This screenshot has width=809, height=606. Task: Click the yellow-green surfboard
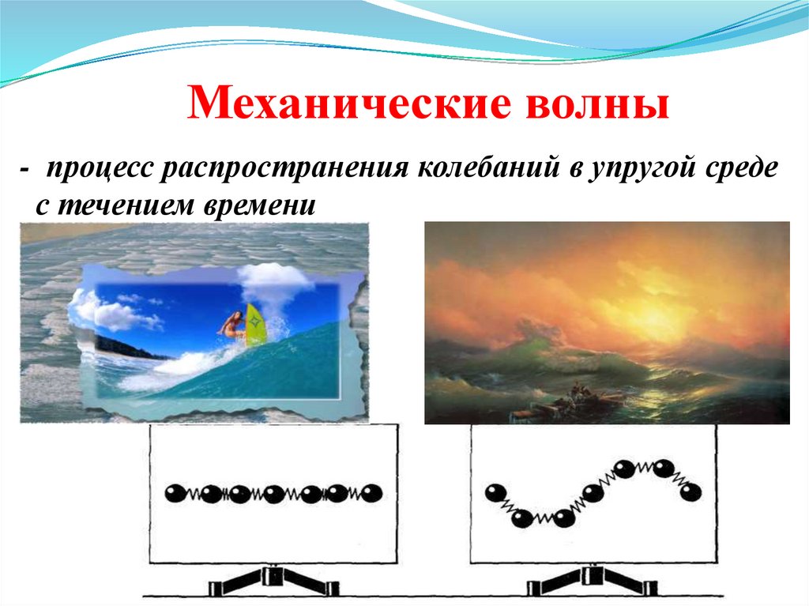tap(255, 325)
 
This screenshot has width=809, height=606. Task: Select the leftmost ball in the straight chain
tap(175, 494)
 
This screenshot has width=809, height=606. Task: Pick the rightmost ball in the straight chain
tap(371, 494)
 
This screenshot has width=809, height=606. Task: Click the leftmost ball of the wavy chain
tap(496, 493)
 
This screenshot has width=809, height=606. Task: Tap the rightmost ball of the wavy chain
tap(691, 492)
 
